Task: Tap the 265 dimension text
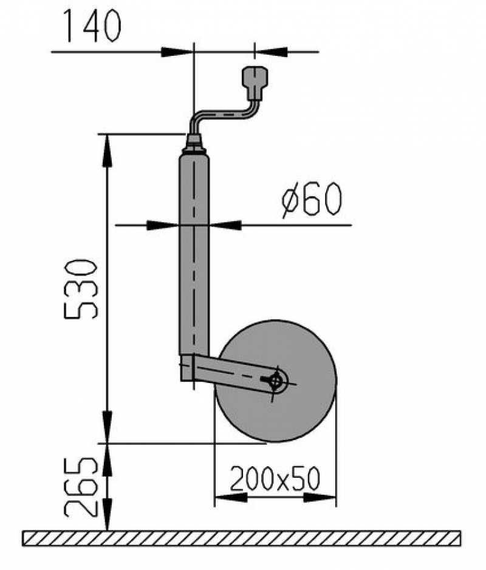(x=81, y=486)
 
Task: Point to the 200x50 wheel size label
(x=275, y=480)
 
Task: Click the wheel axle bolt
(x=276, y=381)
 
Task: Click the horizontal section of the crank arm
(x=225, y=114)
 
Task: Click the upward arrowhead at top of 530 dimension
(x=107, y=149)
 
